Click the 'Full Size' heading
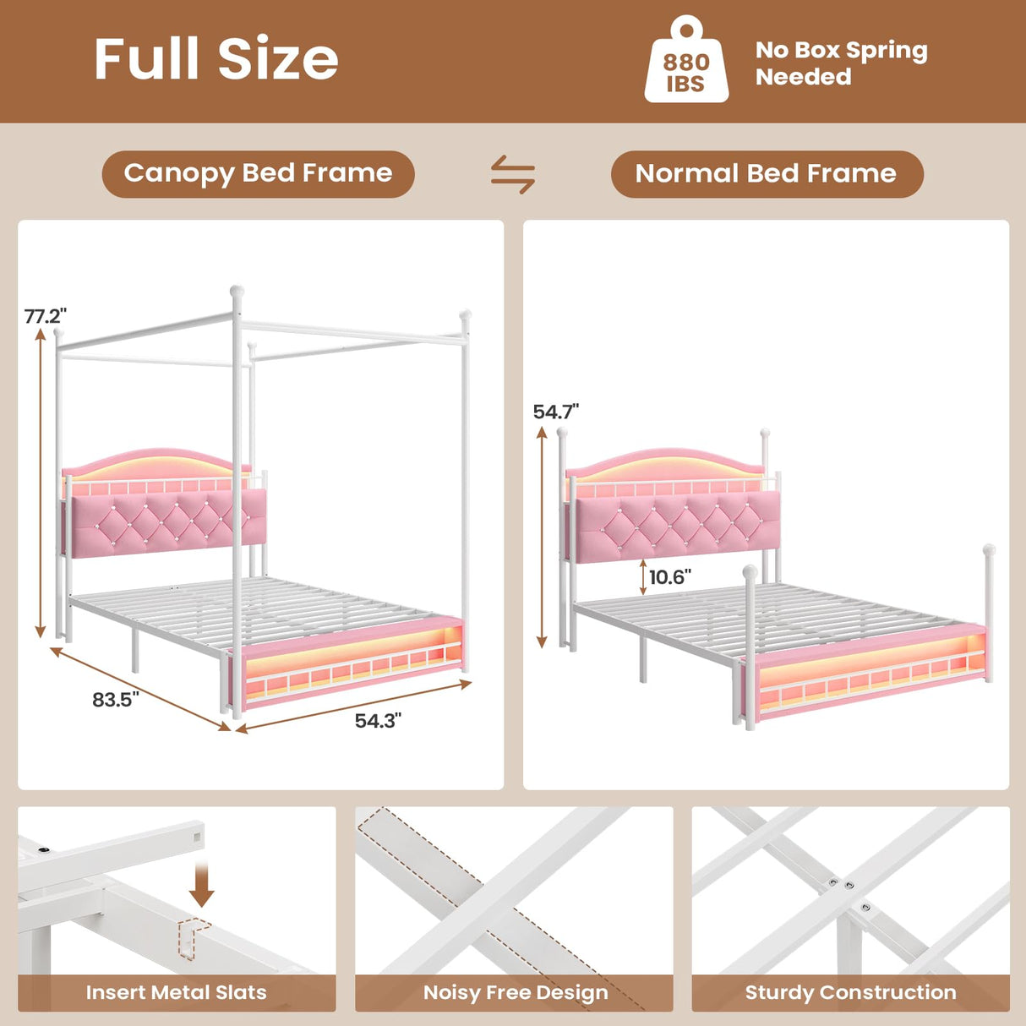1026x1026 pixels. pyautogui.click(x=216, y=59)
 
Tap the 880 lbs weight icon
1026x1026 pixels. pyautogui.click(x=685, y=63)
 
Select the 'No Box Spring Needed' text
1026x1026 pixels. pyautogui.click(x=841, y=63)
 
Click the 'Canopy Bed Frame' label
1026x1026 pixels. pyautogui.click(x=258, y=174)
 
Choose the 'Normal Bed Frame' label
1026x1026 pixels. pyautogui.click(x=767, y=174)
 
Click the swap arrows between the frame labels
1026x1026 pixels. pyautogui.click(x=513, y=174)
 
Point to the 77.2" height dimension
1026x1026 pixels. pyautogui.click(x=45, y=316)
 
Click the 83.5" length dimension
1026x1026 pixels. pyautogui.click(x=115, y=700)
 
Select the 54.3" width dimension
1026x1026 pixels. pyautogui.click(x=378, y=721)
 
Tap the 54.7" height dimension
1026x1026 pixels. pyautogui.click(x=555, y=412)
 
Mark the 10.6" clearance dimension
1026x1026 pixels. pyautogui.click(x=669, y=577)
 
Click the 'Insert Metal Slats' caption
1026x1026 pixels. pyautogui.click(x=176, y=992)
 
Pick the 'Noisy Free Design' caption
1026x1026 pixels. pyautogui.click(x=515, y=992)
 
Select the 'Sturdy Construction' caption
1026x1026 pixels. pyautogui.click(x=850, y=992)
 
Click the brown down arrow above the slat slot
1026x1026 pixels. pyautogui.click(x=201, y=885)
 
